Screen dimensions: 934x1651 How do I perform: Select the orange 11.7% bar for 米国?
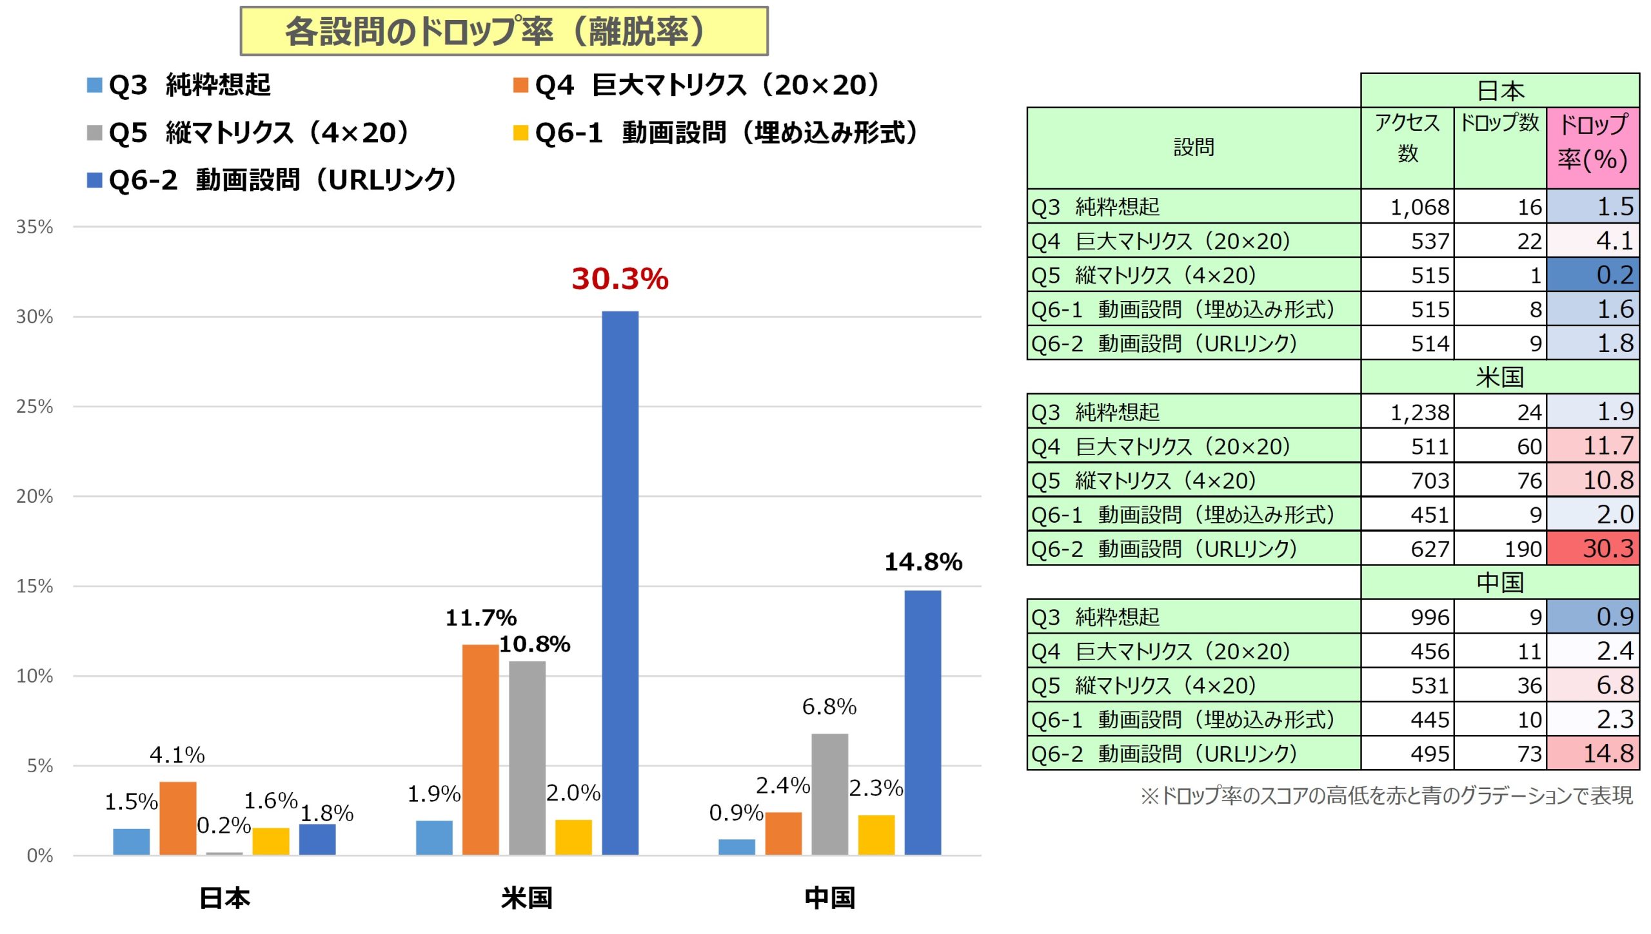click(480, 749)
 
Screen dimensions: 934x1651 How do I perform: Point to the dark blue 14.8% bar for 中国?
click(922, 722)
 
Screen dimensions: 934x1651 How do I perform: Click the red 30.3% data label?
click(620, 279)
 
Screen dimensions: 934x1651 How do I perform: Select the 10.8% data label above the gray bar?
click(535, 644)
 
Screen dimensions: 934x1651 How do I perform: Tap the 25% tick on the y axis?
click(35, 407)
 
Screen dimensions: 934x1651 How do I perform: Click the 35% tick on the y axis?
click(35, 227)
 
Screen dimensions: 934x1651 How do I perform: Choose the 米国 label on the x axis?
click(527, 897)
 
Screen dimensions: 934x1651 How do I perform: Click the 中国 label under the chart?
click(829, 897)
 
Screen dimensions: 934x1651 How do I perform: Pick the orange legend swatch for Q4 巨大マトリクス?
click(520, 85)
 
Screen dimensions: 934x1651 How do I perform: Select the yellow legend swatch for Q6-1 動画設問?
click(520, 133)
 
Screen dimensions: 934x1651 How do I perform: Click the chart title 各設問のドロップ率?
click(504, 32)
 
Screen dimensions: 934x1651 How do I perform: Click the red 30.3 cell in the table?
click(1594, 549)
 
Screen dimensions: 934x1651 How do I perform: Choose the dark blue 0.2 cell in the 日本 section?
click(1594, 275)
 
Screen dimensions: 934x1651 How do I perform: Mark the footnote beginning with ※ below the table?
click(1387, 796)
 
